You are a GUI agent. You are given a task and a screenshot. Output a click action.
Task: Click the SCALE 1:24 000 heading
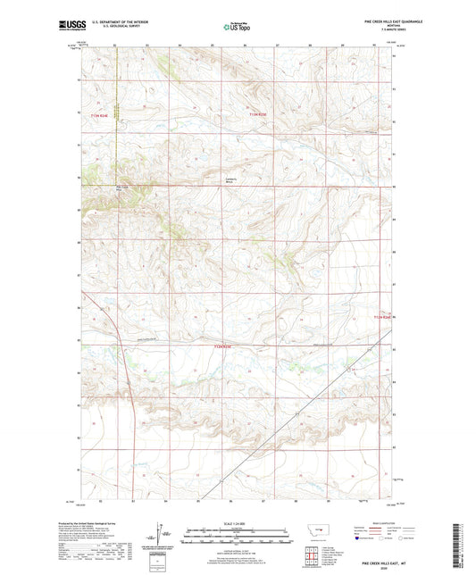tap(237, 523)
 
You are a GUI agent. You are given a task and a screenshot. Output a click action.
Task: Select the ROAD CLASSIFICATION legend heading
tap(378, 525)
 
